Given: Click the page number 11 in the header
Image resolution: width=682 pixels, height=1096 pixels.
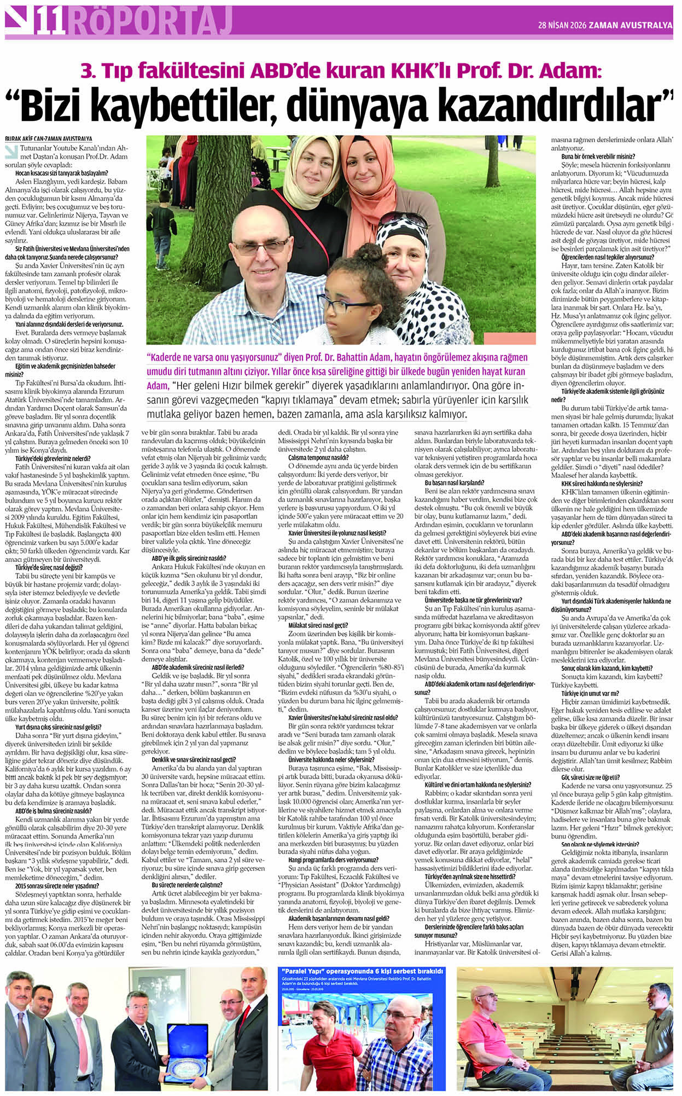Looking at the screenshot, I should pos(51,24).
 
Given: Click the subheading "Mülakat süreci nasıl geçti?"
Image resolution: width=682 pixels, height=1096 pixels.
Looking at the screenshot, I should pos(318,625).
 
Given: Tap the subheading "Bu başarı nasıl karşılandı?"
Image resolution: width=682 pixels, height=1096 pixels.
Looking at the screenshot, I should pos(454,483).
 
